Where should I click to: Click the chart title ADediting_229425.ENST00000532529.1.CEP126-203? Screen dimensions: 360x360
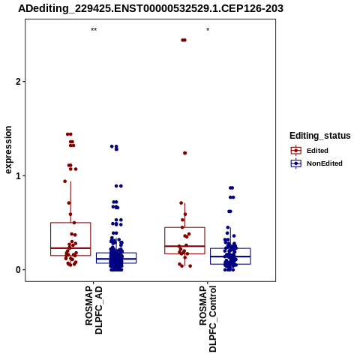point(151,9)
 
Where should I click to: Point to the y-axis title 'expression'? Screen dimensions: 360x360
point(8,150)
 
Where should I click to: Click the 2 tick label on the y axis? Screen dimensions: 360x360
point(18,82)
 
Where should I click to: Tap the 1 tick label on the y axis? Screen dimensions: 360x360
point(18,175)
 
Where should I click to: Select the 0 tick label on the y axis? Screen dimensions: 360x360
point(18,270)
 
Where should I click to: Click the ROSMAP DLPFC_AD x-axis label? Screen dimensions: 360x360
point(94,310)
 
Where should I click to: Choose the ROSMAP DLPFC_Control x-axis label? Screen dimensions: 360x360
point(208,319)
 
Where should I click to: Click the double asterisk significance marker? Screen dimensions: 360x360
point(94,30)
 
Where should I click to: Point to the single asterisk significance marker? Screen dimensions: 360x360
point(208,30)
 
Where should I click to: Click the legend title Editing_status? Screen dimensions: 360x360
point(320,136)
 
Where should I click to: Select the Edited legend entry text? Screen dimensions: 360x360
point(317,151)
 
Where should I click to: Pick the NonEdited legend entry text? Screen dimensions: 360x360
point(325,163)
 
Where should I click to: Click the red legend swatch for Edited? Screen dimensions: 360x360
point(296,151)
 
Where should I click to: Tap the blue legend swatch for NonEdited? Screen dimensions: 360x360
point(296,163)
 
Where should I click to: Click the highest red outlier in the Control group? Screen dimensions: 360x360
point(184,40)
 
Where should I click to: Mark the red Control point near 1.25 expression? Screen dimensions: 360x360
point(185,153)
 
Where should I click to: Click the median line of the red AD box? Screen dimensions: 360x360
point(70,248)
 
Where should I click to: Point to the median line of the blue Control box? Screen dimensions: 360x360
point(230,256)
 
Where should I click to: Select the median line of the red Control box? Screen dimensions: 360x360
point(184,246)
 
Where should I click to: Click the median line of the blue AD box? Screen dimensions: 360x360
point(116,259)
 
